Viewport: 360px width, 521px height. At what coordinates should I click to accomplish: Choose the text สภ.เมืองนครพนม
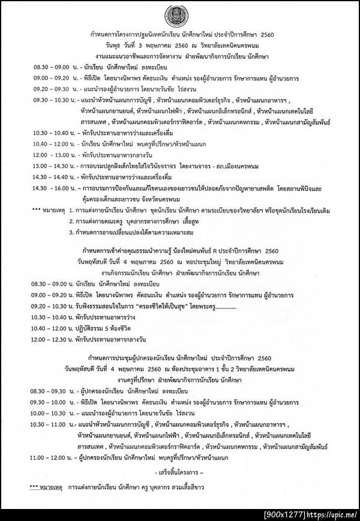tap(223, 165)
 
